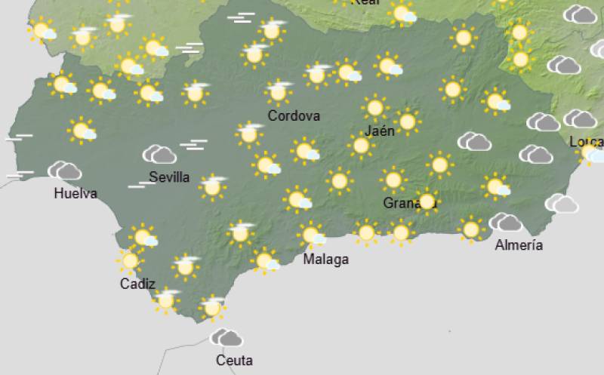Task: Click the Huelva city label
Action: click(75, 193)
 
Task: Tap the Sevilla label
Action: click(169, 177)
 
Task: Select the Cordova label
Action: click(294, 116)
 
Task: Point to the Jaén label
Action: click(380, 131)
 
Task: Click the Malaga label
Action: click(325, 260)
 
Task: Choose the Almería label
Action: click(519, 244)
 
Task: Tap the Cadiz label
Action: click(137, 284)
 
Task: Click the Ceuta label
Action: click(234, 360)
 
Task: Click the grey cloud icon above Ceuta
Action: click(226, 337)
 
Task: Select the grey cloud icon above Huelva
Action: click(65, 171)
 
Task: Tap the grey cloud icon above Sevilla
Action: click(159, 155)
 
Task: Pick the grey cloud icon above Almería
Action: click(505, 222)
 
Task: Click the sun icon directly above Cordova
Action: click(279, 92)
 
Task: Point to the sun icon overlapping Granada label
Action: click(427, 201)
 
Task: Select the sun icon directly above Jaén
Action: click(375, 108)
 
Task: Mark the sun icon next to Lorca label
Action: click(590, 154)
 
